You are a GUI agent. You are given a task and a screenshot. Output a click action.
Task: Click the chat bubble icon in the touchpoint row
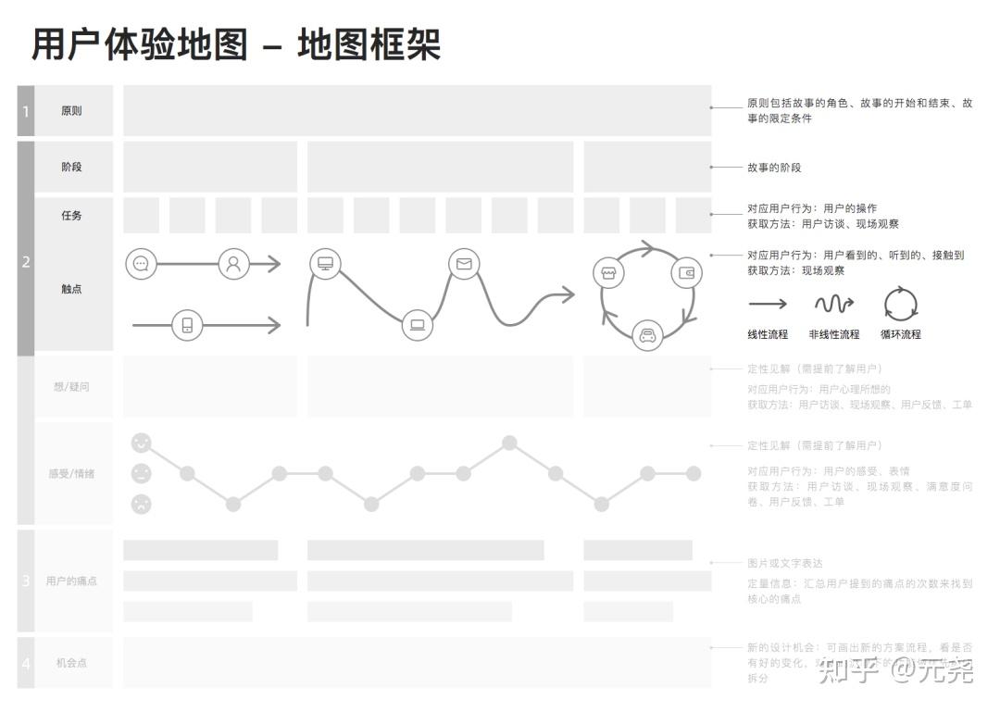(141, 264)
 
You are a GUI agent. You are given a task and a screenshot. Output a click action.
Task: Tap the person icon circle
(233, 264)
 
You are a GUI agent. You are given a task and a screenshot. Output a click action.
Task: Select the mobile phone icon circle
(187, 325)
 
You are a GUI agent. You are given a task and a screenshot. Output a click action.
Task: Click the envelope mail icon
(464, 264)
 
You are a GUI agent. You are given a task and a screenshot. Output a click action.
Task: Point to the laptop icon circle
(418, 325)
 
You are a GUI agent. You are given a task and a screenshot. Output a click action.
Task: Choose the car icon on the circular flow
(648, 335)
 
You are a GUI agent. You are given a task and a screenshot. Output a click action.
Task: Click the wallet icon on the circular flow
(686, 273)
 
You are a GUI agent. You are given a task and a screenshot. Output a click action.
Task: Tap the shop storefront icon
(608, 273)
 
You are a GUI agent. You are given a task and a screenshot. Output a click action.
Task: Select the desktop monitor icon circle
(325, 264)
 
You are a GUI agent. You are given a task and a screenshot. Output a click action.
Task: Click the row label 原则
(71, 111)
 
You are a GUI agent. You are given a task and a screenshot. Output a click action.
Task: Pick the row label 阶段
(71, 167)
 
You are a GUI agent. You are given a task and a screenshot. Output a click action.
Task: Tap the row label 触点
(71, 289)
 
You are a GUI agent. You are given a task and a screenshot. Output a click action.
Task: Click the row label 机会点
(71, 663)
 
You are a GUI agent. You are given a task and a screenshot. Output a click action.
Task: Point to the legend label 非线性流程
(833, 334)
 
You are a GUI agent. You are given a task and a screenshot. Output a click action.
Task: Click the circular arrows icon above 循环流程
(900, 303)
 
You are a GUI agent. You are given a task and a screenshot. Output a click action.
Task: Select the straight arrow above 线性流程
(768, 304)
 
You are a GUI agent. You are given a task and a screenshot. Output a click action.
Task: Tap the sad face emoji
(141, 505)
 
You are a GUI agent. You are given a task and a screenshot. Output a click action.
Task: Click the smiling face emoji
(141, 443)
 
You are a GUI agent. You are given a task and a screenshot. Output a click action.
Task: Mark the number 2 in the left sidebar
(26, 262)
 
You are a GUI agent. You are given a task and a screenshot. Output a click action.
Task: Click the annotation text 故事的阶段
(774, 168)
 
